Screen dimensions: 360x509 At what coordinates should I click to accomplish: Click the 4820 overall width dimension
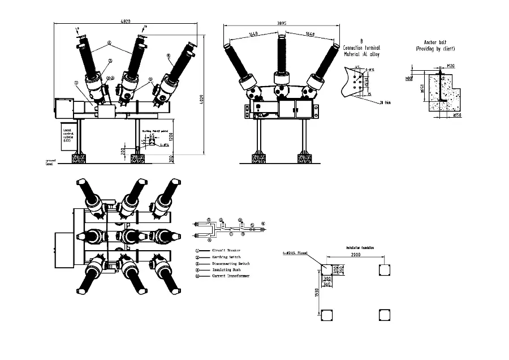pos(126,22)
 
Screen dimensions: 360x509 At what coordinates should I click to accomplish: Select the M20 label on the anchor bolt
pos(451,66)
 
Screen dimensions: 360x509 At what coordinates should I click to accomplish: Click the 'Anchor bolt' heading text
pos(439,43)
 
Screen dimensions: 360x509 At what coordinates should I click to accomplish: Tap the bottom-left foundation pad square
pos(326,314)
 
